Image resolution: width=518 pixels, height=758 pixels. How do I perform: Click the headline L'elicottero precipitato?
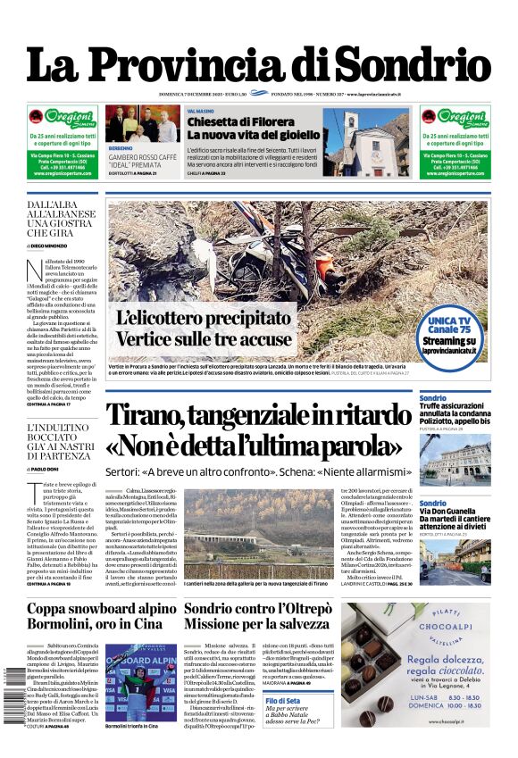[x=204, y=319]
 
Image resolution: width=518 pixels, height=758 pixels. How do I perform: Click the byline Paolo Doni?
[x=46, y=468]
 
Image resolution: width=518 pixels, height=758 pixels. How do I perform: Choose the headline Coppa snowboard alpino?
[x=102, y=609]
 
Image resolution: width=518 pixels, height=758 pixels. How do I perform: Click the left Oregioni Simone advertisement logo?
[x=63, y=118]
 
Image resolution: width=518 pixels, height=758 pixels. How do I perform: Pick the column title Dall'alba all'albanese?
[x=62, y=219]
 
